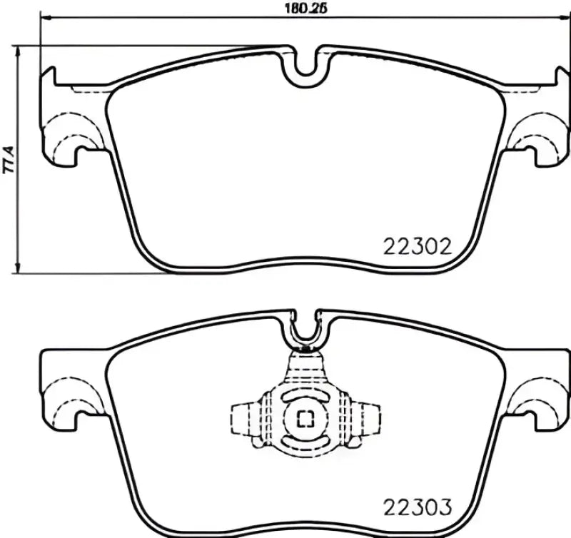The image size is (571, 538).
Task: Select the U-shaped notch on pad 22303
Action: coord(306,329)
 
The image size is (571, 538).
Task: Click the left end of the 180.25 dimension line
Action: coord(41,17)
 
